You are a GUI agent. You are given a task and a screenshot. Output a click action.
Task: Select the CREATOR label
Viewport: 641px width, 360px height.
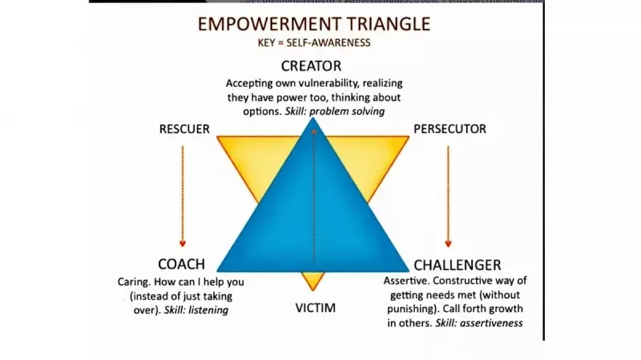click(312, 66)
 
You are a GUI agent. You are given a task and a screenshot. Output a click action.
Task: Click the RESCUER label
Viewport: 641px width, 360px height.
click(184, 129)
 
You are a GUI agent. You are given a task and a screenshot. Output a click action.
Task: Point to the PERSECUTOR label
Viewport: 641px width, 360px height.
click(450, 129)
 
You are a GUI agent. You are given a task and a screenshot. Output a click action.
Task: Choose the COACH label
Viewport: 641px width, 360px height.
click(181, 265)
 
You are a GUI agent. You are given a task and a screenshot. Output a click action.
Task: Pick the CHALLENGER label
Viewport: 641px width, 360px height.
click(458, 265)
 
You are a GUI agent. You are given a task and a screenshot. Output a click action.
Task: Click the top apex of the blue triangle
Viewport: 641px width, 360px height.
click(313, 120)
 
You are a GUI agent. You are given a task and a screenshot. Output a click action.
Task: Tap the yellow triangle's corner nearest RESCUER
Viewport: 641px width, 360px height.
click(220, 138)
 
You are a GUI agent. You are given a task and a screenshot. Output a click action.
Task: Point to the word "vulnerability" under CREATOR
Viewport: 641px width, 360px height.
click(334, 83)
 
